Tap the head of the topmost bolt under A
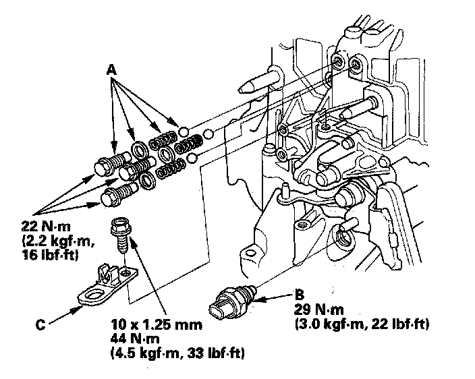107,166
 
